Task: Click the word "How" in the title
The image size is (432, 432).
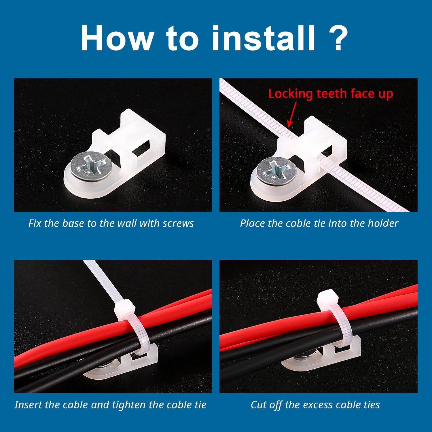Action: pos(117,38)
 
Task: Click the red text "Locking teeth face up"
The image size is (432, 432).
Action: pos(331,94)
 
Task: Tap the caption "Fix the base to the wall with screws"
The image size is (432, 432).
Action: pos(111,223)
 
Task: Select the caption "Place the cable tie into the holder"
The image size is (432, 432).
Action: pos(319,223)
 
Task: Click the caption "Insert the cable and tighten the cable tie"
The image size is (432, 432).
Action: pos(111,405)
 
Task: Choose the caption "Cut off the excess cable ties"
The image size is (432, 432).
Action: pos(315,405)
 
